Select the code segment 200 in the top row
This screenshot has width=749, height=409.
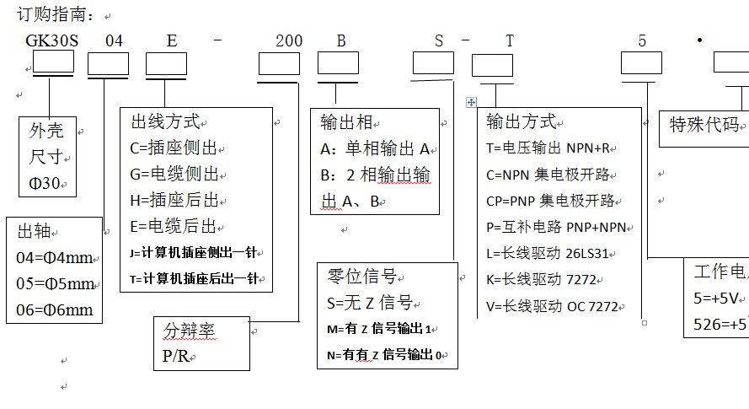pos(289,40)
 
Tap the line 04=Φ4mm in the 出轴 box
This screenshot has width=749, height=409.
pos(55,258)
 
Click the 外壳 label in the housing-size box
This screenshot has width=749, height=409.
pos(46,131)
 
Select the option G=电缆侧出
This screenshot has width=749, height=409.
pos(174,175)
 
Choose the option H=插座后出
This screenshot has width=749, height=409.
pos(174,201)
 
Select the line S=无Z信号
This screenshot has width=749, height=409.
pos(369,303)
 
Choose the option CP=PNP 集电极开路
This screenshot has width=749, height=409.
pos(553,201)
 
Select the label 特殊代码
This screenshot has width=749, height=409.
pos(704,125)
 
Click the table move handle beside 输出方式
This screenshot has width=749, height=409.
pos(471,102)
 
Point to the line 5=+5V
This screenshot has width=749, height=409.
pos(716,298)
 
